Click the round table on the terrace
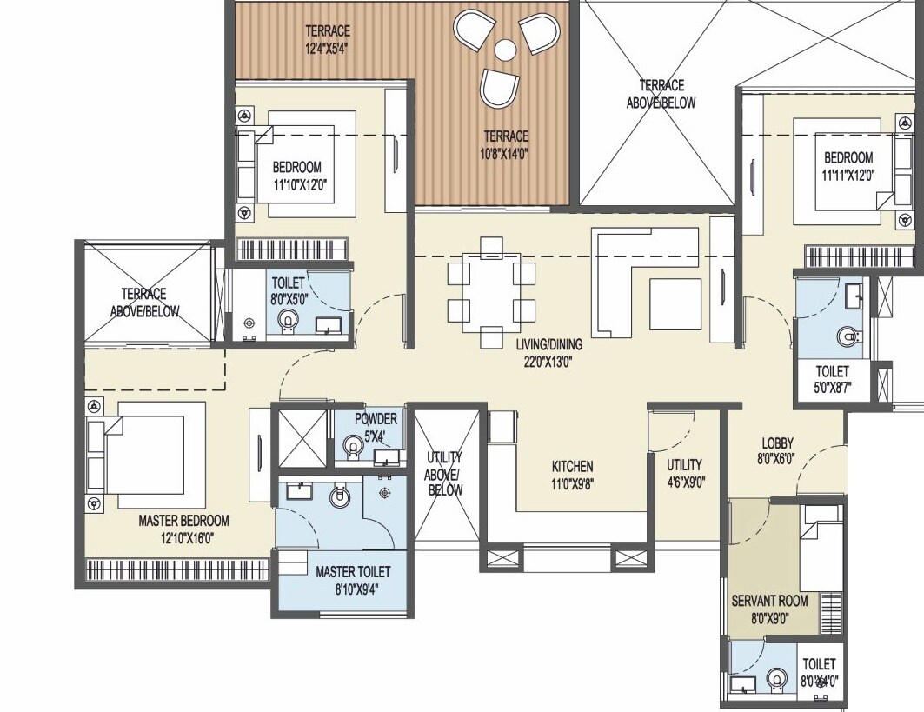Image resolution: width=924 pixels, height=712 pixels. coord(504,50)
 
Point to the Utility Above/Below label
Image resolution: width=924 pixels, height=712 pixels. coord(443,473)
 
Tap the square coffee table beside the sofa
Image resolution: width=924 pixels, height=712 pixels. coord(675,303)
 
